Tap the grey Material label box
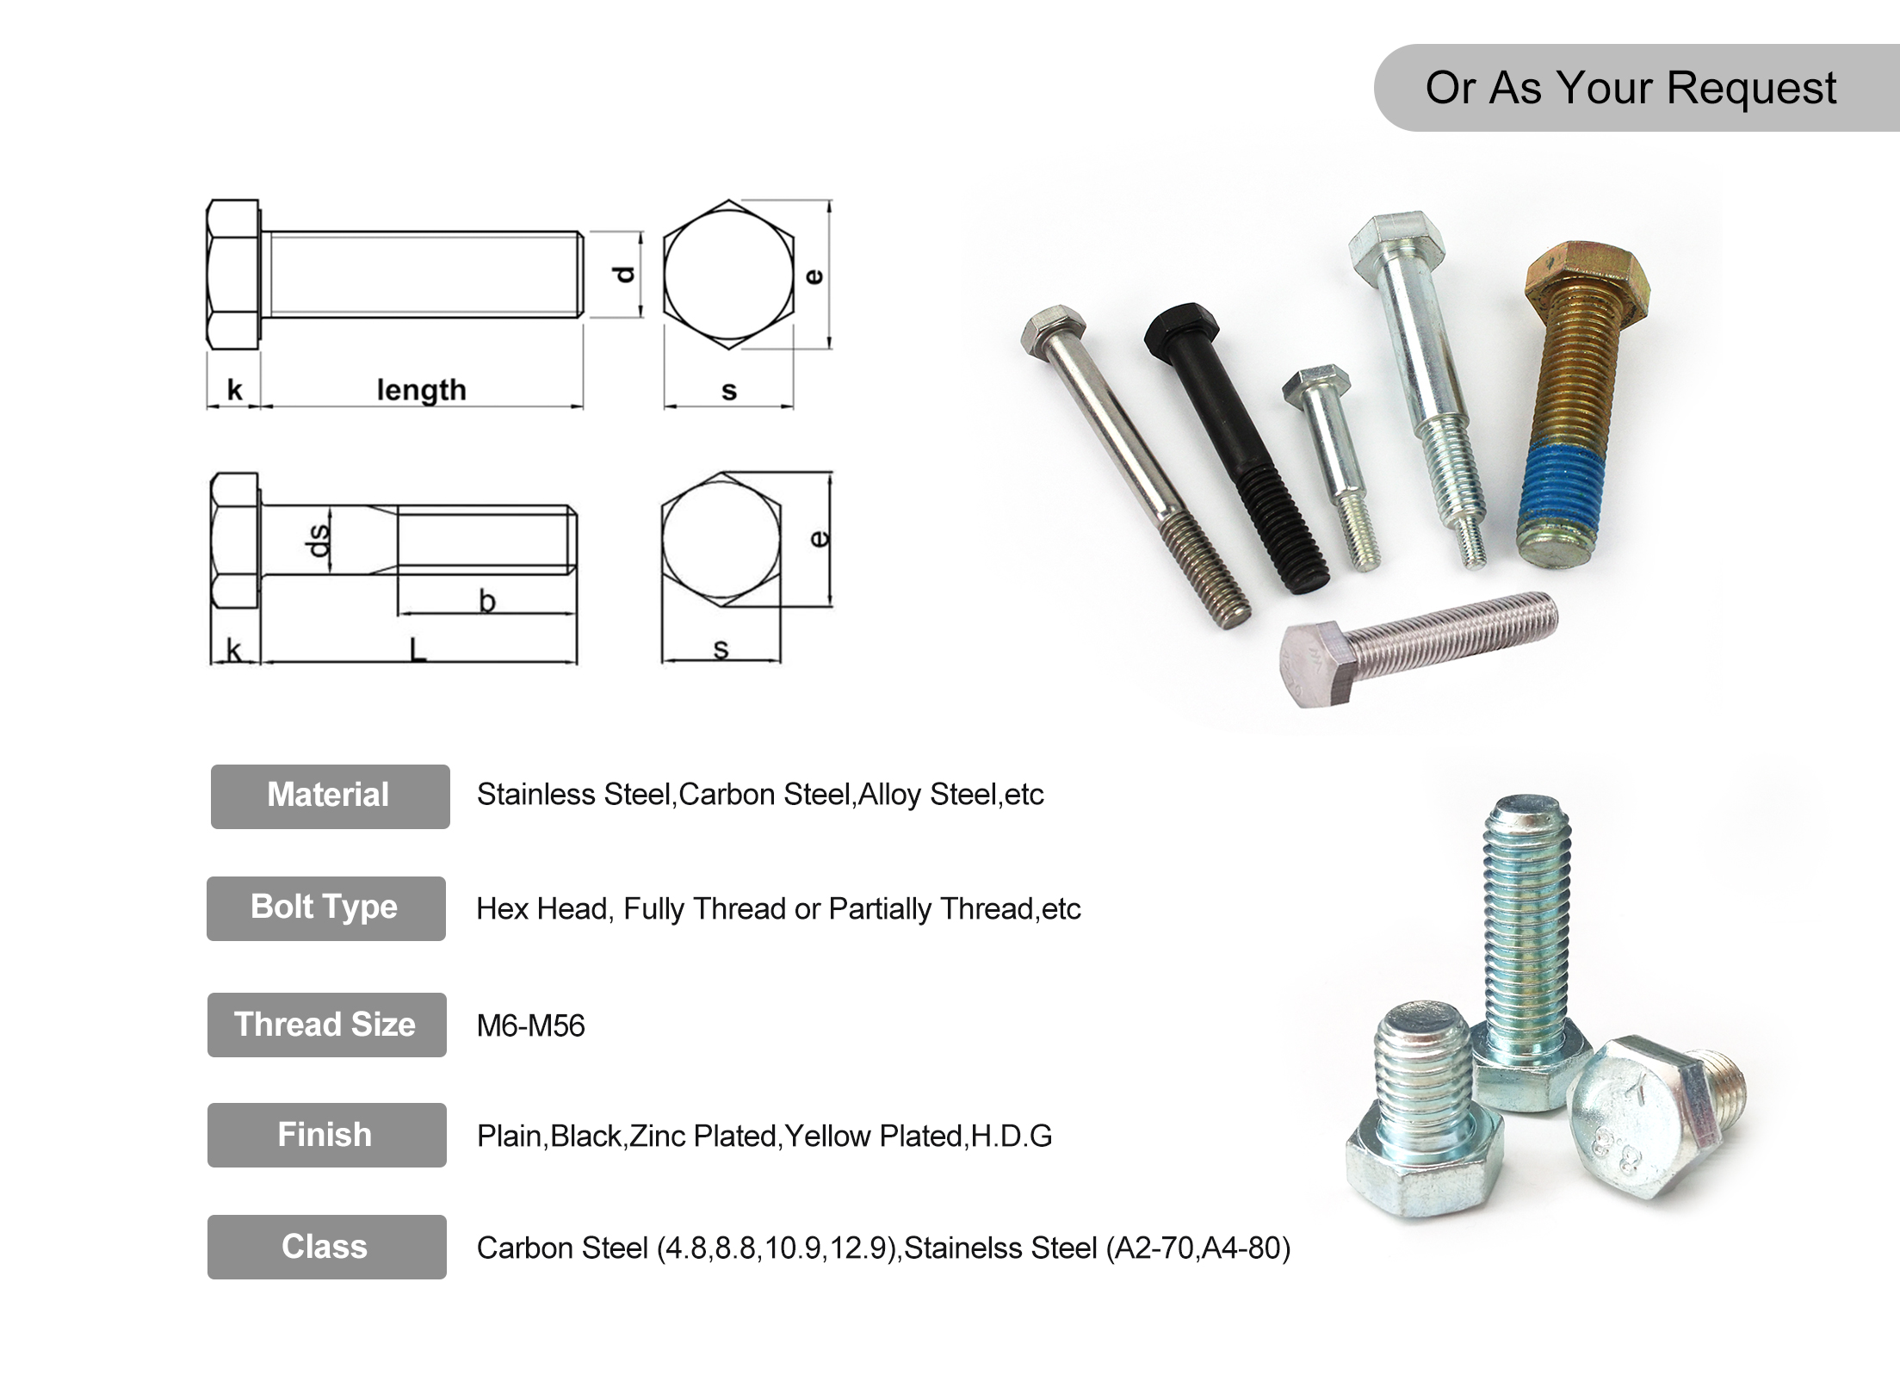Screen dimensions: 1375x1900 tap(330, 796)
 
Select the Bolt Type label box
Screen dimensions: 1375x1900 tap(325, 907)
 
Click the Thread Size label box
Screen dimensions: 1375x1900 tap(326, 1025)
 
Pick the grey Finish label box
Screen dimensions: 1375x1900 tap(326, 1135)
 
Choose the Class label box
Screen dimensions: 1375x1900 tap(326, 1247)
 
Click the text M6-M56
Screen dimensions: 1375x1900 tap(530, 1025)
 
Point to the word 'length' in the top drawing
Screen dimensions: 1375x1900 tap(421, 390)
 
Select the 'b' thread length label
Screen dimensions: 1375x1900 tap(487, 600)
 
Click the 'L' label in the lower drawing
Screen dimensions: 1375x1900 tap(418, 649)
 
